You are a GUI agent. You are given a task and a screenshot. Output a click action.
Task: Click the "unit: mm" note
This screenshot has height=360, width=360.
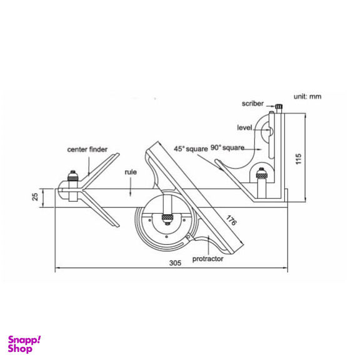coord(307,97)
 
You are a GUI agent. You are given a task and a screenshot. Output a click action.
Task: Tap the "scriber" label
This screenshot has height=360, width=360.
coord(252,104)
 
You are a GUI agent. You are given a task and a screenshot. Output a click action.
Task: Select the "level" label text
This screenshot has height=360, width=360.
coord(244,127)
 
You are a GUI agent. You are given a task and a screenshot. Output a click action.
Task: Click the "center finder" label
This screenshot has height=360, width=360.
coord(87,149)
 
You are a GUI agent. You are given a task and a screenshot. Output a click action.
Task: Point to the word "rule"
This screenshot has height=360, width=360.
coord(131,172)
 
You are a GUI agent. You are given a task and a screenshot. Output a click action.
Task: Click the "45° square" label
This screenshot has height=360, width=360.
coord(191,149)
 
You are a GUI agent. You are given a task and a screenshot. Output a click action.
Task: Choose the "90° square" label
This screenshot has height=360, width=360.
coord(227,147)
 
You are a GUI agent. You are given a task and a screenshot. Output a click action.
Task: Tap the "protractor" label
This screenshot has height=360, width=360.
coord(207,259)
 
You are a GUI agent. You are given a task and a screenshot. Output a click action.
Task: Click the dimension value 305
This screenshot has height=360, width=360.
coord(175,263)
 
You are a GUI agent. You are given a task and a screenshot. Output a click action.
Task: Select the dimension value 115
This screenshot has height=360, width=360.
coord(298,159)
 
